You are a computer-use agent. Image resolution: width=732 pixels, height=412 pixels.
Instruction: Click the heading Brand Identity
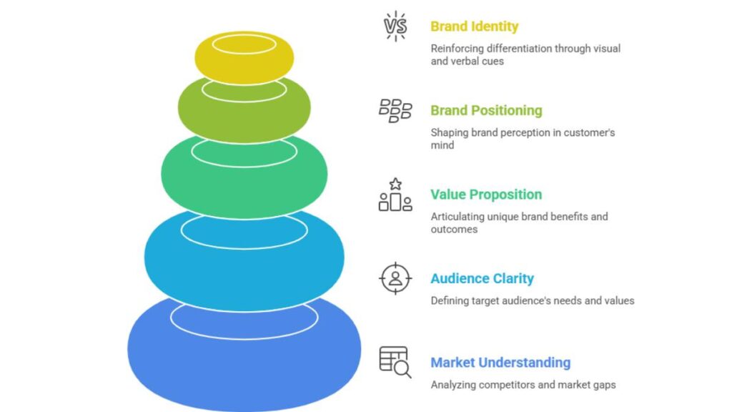tap(474, 27)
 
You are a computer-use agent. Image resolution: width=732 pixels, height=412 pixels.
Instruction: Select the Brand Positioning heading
tap(486, 111)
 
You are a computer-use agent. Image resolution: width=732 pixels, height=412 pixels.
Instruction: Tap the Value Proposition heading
tap(486, 195)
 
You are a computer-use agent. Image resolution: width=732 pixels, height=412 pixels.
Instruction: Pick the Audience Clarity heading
tap(482, 279)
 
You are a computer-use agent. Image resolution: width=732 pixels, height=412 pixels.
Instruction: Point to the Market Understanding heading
tap(500, 363)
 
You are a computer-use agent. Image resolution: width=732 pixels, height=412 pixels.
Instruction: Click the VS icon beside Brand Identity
tap(395, 26)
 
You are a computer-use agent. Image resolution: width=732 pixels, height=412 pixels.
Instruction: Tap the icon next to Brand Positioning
tap(395, 111)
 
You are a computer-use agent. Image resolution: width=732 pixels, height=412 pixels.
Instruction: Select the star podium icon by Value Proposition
tap(395, 195)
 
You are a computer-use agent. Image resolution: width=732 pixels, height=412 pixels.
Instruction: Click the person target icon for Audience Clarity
tap(395, 278)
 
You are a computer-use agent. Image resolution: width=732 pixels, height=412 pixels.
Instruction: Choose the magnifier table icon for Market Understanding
tap(395, 362)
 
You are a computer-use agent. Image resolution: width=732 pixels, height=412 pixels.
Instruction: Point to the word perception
tap(527, 132)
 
